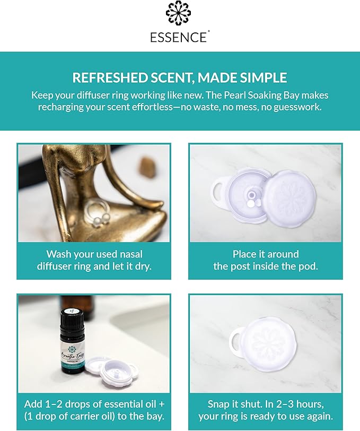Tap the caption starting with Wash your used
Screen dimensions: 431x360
pyautogui.click(x=94, y=260)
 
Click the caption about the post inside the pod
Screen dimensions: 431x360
pyautogui.click(x=265, y=260)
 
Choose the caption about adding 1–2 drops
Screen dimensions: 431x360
pyautogui.click(x=94, y=409)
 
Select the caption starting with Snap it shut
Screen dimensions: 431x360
pyautogui.click(x=265, y=409)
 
